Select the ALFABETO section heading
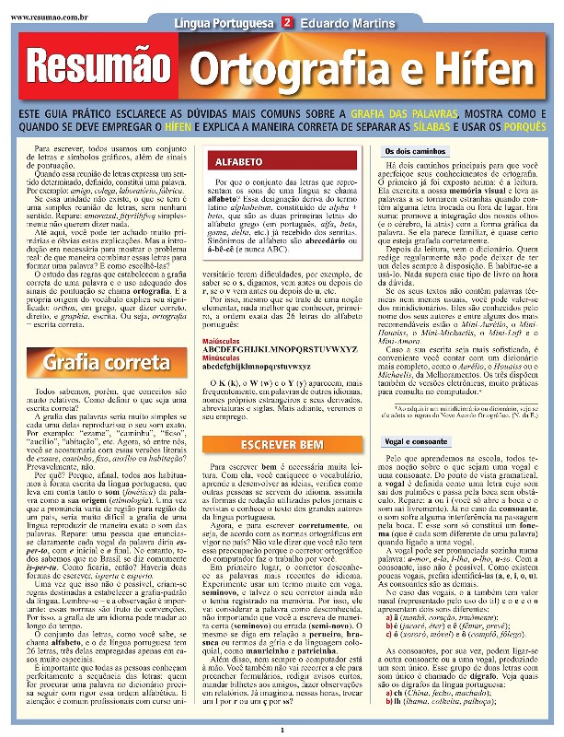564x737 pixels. pos(238,162)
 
